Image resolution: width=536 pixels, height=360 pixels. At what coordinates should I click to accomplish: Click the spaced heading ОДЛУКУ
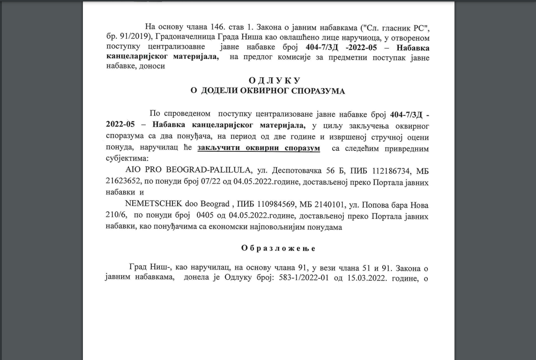tap(268, 81)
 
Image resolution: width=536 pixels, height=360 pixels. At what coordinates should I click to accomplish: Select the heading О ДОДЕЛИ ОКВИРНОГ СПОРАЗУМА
tap(268, 91)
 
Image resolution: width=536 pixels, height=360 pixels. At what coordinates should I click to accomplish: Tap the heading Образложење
tap(278, 248)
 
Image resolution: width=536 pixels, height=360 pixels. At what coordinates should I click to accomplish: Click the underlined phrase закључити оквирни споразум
tap(259, 148)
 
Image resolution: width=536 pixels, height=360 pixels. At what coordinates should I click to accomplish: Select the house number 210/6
tap(115, 216)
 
